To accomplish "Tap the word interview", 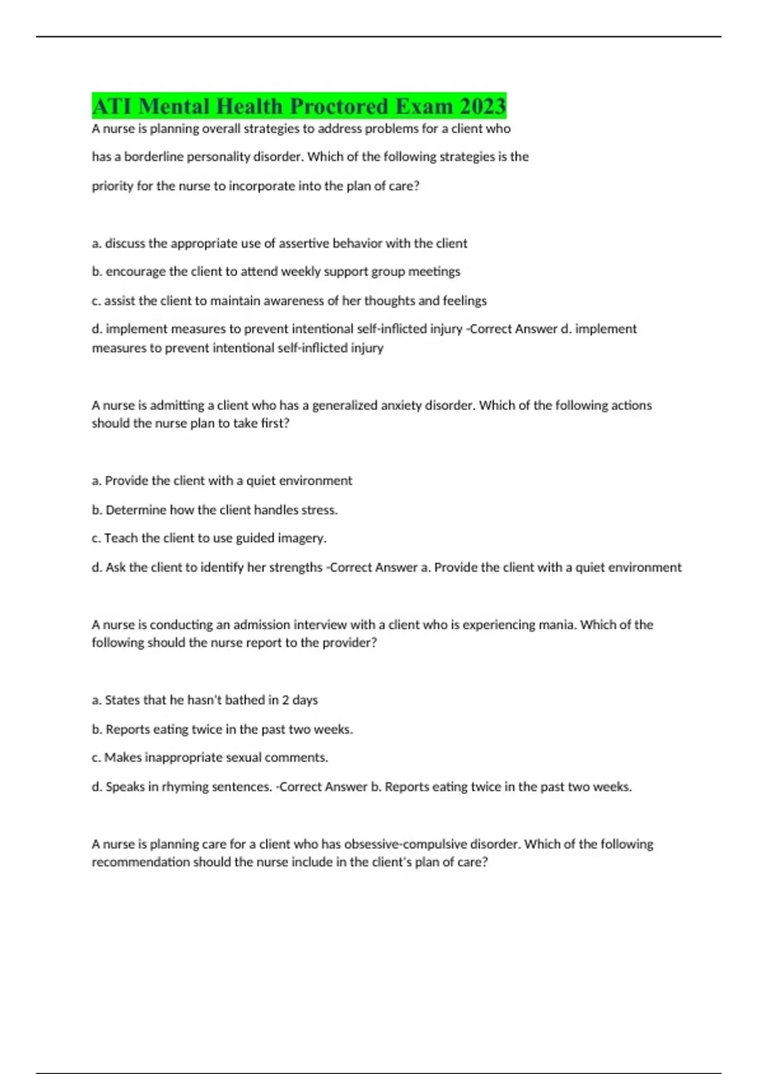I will coord(315,625).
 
